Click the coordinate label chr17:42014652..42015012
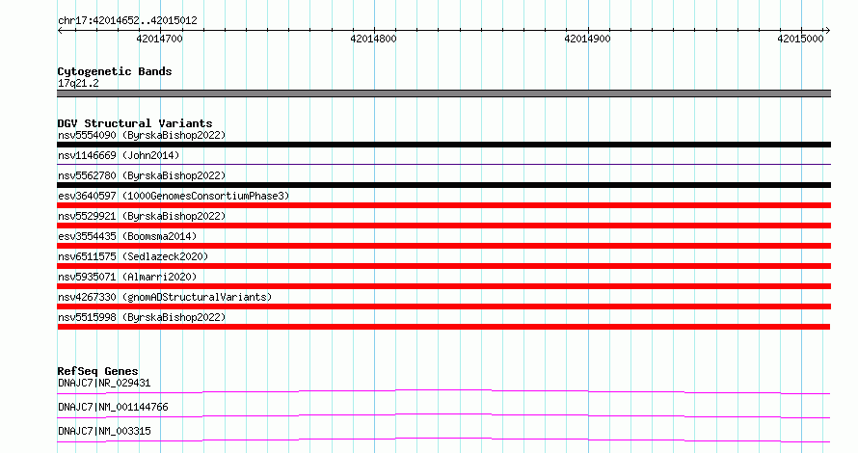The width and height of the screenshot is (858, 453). [127, 21]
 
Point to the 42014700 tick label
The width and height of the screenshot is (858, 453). [159, 39]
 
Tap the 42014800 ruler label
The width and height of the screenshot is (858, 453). [373, 39]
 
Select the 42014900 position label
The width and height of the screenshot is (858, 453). [587, 39]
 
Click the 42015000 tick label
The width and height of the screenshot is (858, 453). [800, 39]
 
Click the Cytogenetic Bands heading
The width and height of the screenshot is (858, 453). [115, 71]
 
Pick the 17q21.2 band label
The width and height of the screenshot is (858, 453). [78, 83]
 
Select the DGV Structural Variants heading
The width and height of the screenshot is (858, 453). [135, 123]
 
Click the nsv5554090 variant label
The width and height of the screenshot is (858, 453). [142, 135]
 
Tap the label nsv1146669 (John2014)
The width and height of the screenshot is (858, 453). [119, 155]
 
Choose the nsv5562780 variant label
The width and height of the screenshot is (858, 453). [142, 175]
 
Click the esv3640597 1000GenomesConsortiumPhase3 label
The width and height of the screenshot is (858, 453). [174, 196]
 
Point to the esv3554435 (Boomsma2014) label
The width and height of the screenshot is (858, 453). [127, 236]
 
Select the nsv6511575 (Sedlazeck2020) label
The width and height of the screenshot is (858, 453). [133, 256]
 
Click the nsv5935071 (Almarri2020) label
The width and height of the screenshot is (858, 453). [127, 277]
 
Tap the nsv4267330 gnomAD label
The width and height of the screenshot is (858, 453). [165, 297]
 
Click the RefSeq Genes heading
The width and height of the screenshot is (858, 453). [97, 371]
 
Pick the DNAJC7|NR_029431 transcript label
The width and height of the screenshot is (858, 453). [104, 383]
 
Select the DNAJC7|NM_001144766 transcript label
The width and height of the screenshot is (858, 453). [113, 407]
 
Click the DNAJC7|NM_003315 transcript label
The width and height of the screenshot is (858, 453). [104, 431]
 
